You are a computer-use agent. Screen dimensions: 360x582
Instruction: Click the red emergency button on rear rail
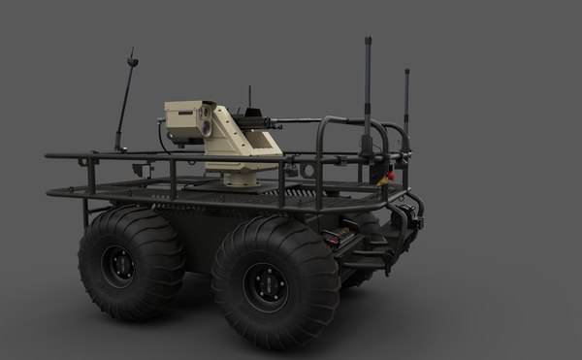388,177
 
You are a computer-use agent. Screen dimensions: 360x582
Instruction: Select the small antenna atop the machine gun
250,97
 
